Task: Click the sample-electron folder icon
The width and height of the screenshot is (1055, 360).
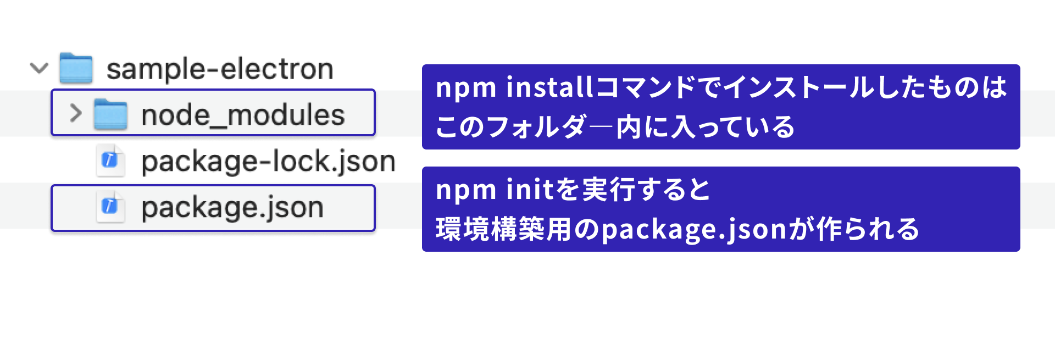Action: [76, 68]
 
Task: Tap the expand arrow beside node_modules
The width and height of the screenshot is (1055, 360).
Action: [76, 113]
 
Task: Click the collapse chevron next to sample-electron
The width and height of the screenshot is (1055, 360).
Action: [39, 69]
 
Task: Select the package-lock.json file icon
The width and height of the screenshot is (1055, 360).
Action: [110, 160]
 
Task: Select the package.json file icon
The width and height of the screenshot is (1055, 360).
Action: [110, 207]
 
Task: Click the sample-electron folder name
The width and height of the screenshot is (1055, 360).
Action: [220, 69]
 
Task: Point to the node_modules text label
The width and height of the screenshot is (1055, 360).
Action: [243, 115]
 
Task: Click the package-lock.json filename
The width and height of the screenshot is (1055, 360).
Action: [268, 162]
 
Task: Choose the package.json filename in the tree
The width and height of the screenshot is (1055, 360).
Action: [232, 208]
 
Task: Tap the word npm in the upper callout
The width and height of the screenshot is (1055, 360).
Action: [466, 89]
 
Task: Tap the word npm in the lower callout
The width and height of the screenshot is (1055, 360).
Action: [466, 192]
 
